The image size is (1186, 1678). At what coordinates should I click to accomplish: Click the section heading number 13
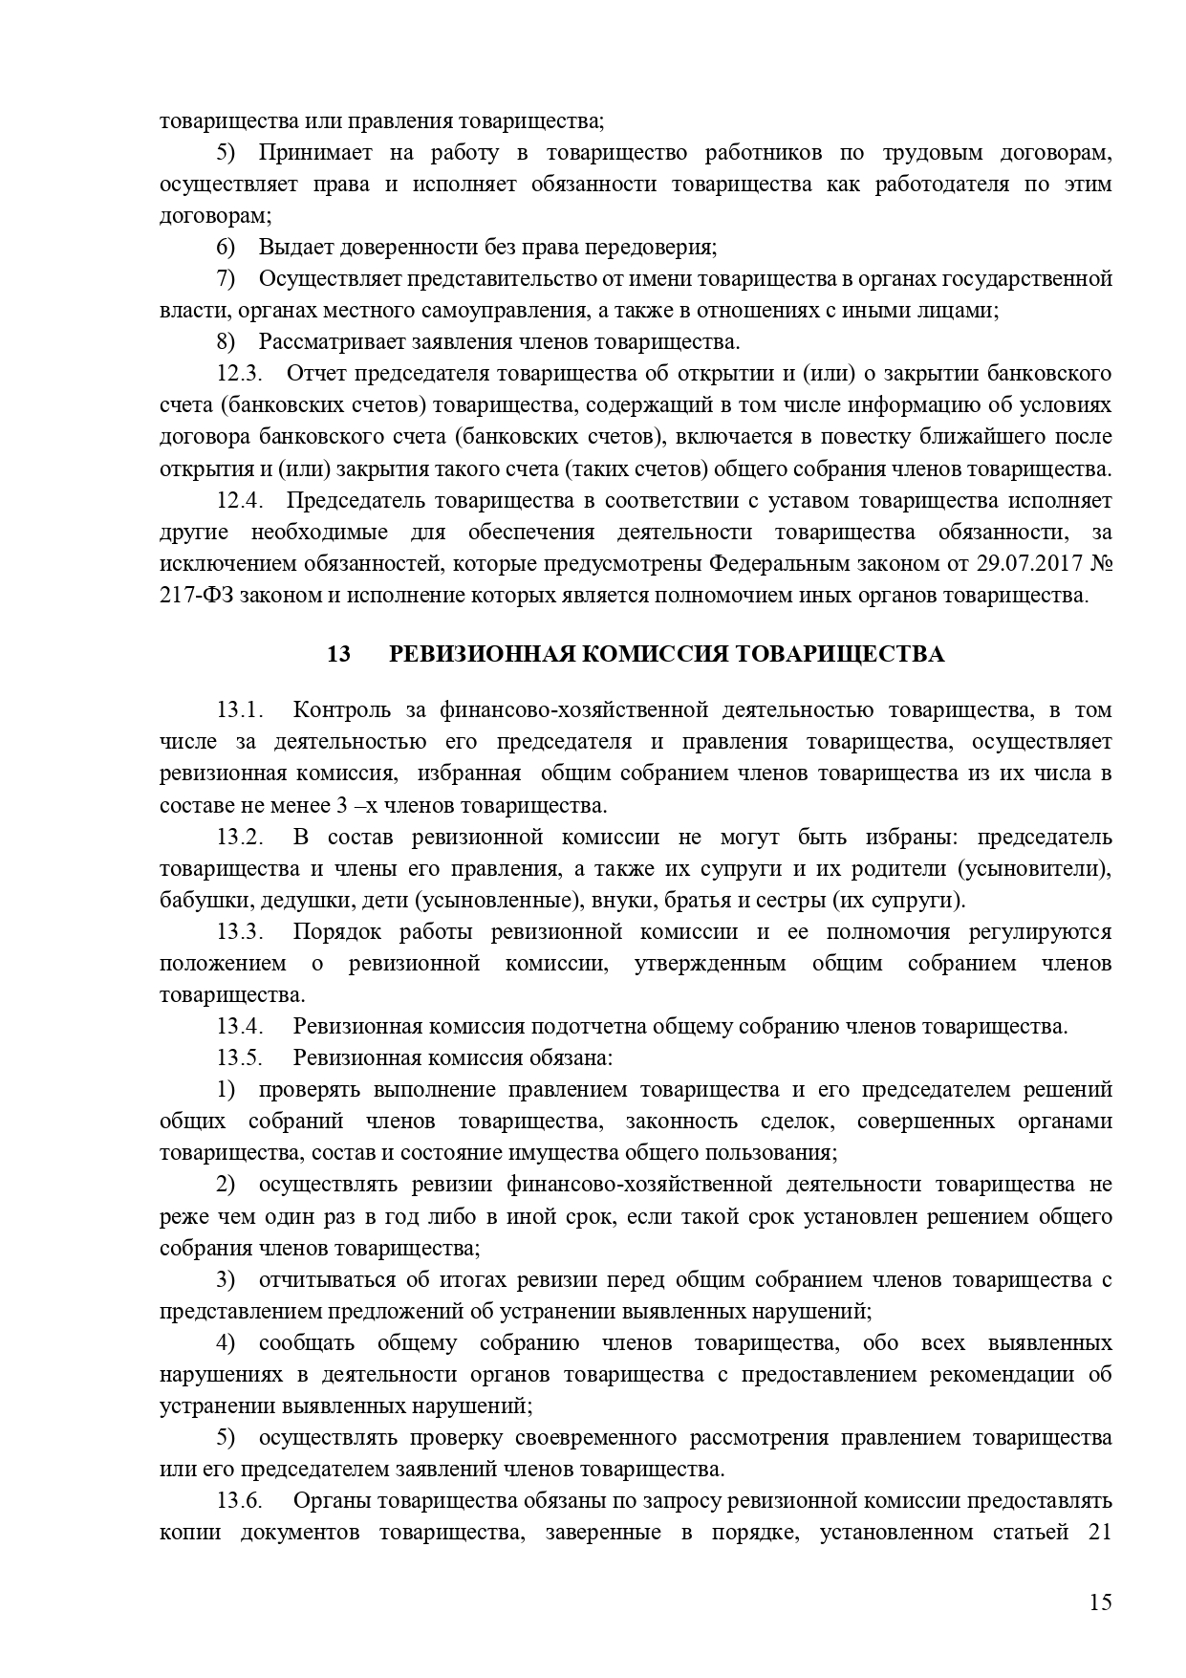(338, 654)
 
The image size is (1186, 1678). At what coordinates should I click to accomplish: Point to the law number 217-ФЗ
(196, 595)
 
